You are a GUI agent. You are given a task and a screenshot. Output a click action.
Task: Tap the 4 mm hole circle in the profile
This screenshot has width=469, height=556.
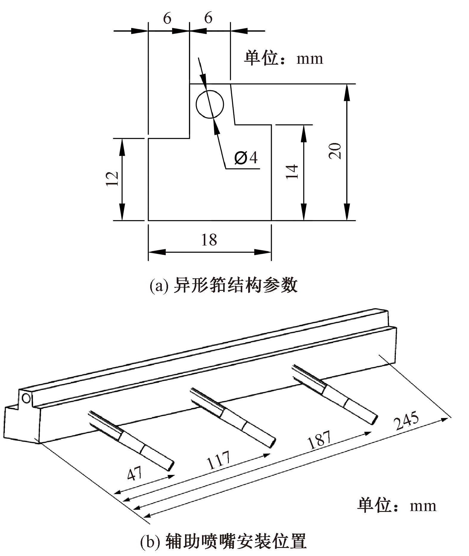click(x=209, y=104)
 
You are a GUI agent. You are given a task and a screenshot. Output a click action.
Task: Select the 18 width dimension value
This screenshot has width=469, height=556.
click(x=209, y=240)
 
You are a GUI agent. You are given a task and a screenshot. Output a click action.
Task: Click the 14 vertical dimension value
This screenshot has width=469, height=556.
click(x=292, y=171)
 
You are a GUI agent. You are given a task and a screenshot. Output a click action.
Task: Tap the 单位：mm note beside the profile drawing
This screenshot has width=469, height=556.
click(x=283, y=58)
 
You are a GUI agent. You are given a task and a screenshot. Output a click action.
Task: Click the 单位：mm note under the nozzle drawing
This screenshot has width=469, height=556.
click(x=397, y=506)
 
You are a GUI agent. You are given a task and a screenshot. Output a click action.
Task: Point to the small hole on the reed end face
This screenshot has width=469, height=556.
click(x=26, y=398)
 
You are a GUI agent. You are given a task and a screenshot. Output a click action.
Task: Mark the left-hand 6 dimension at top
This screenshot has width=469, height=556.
click(x=167, y=19)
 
